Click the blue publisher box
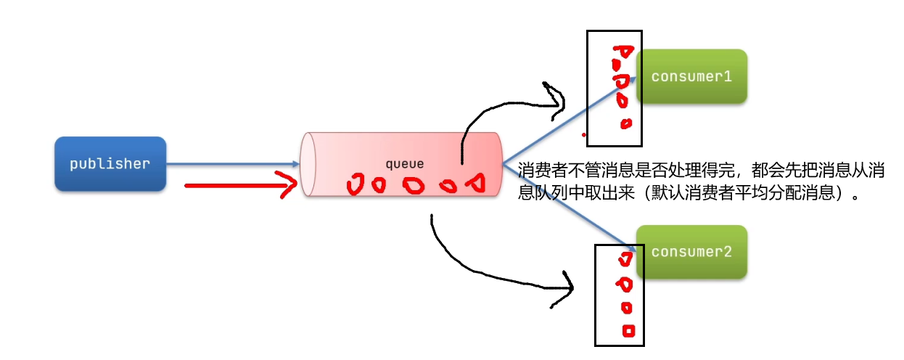point(110,164)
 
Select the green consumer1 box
point(691,76)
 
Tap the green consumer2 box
point(691,252)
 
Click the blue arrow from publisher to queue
point(232,164)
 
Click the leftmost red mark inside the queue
point(356,186)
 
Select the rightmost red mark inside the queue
point(475,184)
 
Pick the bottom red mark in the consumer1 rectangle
point(625,123)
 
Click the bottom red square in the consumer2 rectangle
point(628,331)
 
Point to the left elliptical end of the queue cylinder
point(309,164)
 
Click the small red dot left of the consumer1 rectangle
point(583,135)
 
